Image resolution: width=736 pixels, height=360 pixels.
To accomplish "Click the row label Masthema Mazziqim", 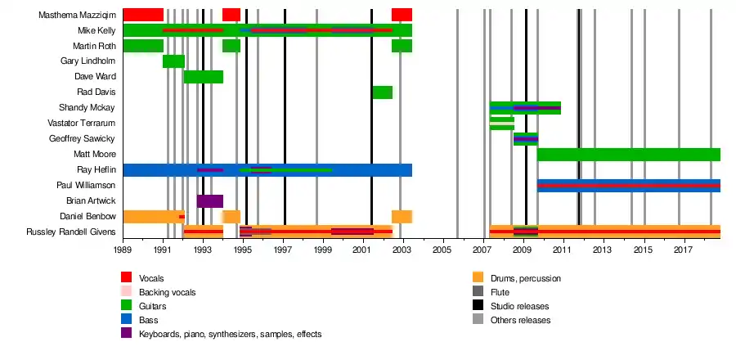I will (77, 15).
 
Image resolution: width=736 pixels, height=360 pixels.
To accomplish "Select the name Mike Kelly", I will (96, 30).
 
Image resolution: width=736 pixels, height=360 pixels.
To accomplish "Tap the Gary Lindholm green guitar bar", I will (173, 61).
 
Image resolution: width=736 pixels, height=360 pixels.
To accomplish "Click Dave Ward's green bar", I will (204, 77).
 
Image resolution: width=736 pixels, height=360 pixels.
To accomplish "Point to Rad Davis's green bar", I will (382, 92).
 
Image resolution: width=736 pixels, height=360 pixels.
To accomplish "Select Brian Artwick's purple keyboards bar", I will (209, 201).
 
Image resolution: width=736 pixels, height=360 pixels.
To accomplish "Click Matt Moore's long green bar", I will (628, 155).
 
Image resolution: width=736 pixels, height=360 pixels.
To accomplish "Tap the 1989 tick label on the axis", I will (123, 249).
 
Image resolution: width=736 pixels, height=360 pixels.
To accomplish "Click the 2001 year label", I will (362, 249).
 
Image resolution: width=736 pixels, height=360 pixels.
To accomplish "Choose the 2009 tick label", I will (523, 249).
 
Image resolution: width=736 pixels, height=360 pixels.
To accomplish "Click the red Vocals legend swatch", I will (127, 278).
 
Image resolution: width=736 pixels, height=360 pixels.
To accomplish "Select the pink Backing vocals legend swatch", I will (127, 292).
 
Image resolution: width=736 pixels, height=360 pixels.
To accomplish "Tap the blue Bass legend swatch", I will (127, 320).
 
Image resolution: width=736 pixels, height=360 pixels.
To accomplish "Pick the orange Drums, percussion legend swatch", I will (478, 278).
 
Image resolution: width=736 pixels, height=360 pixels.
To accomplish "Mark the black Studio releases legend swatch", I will (478, 306).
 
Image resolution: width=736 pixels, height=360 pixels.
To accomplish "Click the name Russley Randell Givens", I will (71, 232).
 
